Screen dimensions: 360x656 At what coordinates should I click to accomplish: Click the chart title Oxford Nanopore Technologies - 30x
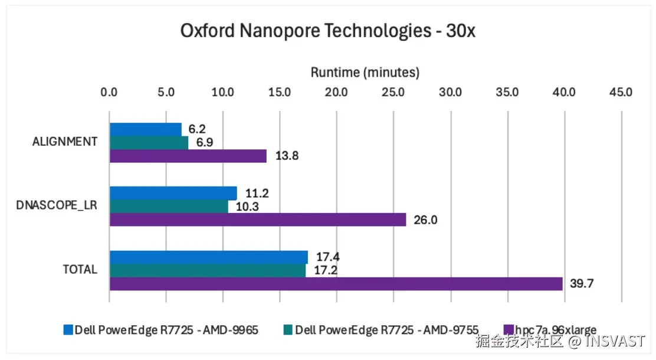click(328, 31)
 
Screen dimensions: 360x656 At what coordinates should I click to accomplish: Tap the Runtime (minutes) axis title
click(365, 73)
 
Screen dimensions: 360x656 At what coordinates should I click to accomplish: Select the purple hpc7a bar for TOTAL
click(336, 283)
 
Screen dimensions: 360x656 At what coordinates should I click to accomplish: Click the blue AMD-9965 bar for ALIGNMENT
click(146, 129)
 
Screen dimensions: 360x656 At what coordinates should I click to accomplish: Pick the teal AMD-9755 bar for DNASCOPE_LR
click(169, 206)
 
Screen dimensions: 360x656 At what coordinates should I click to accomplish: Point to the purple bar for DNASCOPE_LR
click(258, 220)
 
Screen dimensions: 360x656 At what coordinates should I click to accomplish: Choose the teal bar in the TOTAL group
click(208, 270)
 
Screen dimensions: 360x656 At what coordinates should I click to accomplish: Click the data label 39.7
click(582, 283)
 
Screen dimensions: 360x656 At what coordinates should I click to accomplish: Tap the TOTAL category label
click(80, 270)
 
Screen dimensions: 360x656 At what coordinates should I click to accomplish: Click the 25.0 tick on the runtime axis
click(393, 93)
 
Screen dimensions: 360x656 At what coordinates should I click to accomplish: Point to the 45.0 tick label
click(621, 93)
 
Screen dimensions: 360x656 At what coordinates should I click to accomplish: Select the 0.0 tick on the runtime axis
click(109, 93)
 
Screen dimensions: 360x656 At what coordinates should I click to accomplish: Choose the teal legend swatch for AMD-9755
click(287, 330)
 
